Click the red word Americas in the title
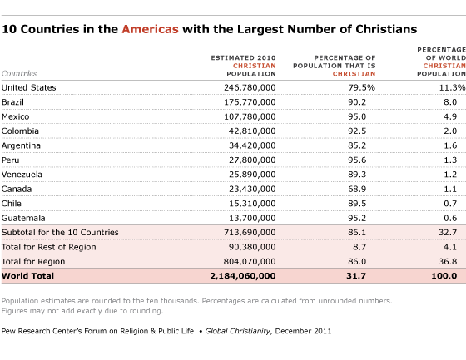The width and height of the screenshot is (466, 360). pos(150,29)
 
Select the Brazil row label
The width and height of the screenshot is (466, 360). pos(12,102)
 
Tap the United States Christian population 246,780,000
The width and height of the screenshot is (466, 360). pos(250,87)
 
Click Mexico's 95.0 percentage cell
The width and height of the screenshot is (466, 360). pos(357,116)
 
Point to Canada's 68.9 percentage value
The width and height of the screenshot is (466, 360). pos(357,189)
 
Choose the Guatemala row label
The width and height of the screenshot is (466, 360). pos(23,218)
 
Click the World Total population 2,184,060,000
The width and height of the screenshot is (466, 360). pos(243,276)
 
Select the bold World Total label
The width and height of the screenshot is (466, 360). pos(27,276)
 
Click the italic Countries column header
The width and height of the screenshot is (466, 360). pos(19,73)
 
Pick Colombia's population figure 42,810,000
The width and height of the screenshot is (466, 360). pos(252,131)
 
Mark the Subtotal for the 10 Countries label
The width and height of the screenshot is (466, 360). pos(60,232)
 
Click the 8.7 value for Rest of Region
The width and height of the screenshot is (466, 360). pos(359,247)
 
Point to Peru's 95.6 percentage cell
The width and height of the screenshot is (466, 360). pos(357,160)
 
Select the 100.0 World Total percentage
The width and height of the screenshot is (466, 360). pos(444,276)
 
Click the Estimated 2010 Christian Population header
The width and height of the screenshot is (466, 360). pos(243,66)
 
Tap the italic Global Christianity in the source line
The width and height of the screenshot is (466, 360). pos(238,331)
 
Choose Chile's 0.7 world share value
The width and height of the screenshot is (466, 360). pos(450,204)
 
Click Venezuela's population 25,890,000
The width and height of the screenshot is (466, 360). pos(252,175)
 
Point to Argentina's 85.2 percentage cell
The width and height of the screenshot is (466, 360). pos(357,145)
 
